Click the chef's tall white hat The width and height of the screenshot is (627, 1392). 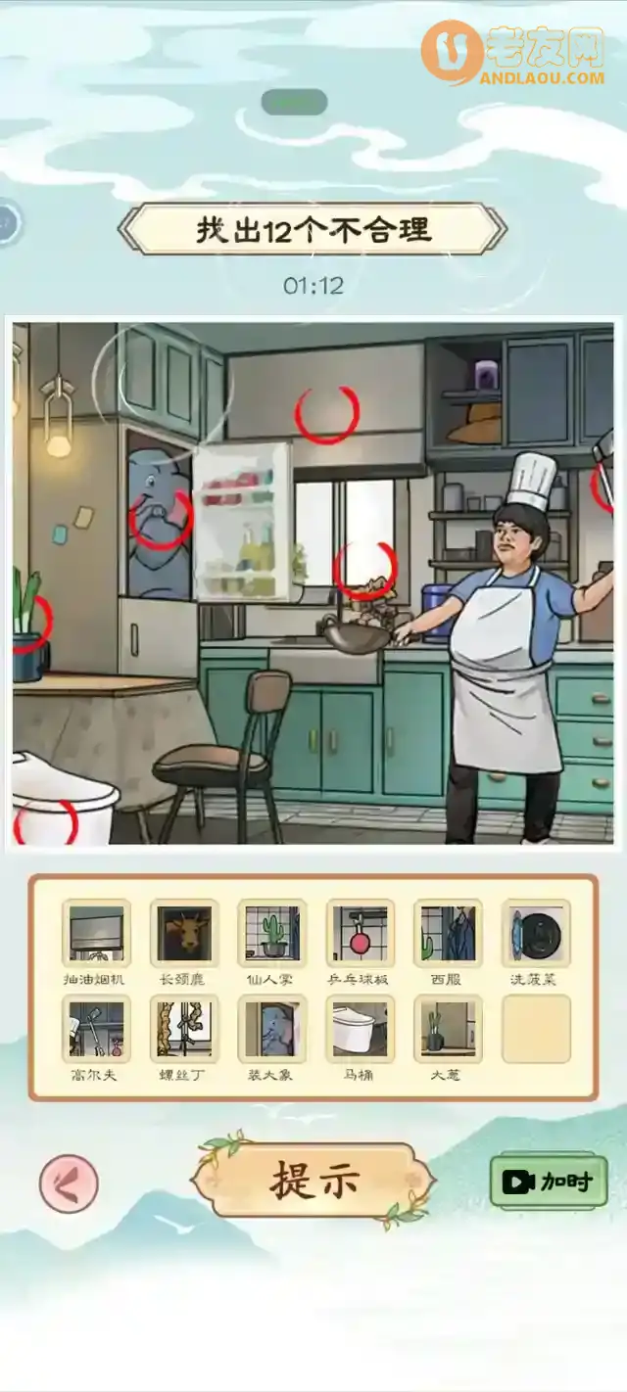point(532,480)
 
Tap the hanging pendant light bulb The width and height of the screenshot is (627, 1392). point(59,445)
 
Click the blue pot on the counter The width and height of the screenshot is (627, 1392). point(438,611)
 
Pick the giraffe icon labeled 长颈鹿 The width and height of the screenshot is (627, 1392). point(184,934)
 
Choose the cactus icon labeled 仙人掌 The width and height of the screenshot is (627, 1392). point(272,934)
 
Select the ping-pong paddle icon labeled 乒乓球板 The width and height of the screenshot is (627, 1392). point(361,934)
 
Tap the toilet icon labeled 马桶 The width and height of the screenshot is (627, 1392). point(361,1029)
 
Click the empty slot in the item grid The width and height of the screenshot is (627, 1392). point(536,1029)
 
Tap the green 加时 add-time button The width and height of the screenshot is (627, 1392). point(549,1182)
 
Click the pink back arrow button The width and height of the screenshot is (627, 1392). point(69,1183)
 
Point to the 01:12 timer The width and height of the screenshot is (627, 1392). point(313,285)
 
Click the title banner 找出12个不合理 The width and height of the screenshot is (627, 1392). point(313,230)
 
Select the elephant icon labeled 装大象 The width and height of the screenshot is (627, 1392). point(272,1029)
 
